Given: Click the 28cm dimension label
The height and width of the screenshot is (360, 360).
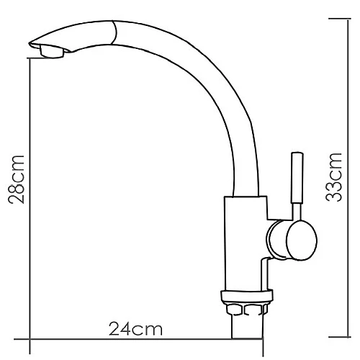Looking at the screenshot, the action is click(17, 179).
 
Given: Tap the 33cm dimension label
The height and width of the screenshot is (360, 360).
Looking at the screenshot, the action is click(333, 177).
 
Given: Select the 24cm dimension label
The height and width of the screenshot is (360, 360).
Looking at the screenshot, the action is click(135, 329).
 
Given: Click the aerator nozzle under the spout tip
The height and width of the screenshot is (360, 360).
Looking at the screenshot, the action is click(52, 52).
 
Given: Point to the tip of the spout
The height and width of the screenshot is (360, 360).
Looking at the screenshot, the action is click(30, 44).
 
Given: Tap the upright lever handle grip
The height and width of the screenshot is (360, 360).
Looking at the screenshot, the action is click(297, 178).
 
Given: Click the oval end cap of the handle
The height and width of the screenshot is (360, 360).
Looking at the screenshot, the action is click(302, 240).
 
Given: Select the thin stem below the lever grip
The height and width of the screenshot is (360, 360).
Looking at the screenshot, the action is click(297, 212).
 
